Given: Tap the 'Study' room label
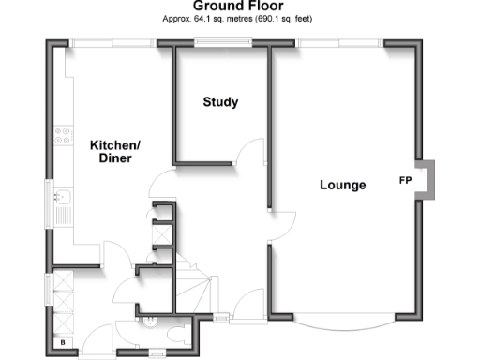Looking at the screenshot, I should click(x=220, y=102).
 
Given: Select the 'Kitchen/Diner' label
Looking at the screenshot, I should click(x=114, y=152).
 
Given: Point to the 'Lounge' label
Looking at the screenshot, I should click(x=342, y=185).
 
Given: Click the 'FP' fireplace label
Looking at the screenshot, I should click(x=406, y=180).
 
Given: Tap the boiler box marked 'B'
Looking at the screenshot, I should click(x=63, y=344).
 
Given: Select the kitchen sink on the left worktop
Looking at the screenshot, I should click(x=65, y=198).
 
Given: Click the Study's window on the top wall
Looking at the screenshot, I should click(x=222, y=42).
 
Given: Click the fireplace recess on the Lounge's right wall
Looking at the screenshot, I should click(x=427, y=179).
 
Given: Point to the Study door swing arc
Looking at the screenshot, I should click(x=248, y=153).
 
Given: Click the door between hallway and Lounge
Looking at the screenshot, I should click(x=281, y=221).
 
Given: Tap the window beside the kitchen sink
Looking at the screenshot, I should click(x=49, y=199).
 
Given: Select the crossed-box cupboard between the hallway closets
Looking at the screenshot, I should click(x=160, y=234).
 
